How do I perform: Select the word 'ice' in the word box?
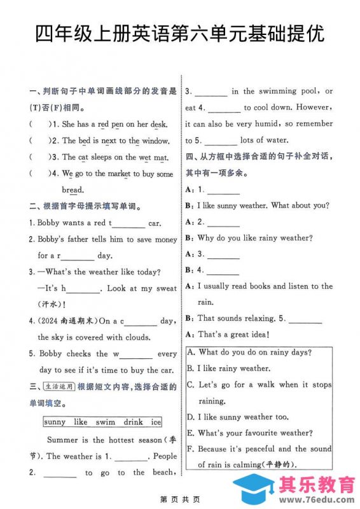(x=156, y=422)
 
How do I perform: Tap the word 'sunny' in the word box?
(x=55, y=422)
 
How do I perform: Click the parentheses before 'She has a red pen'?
(x=39, y=124)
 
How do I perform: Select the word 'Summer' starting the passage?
(x=62, y=440)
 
